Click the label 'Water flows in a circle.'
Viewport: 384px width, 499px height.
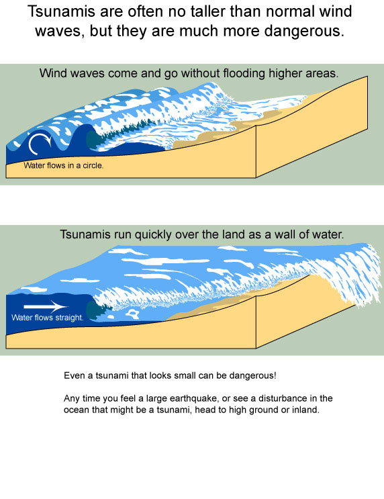pos(64,165)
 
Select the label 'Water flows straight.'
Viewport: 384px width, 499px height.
pos(47,318)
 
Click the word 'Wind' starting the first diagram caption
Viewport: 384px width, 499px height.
pos(53,73)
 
